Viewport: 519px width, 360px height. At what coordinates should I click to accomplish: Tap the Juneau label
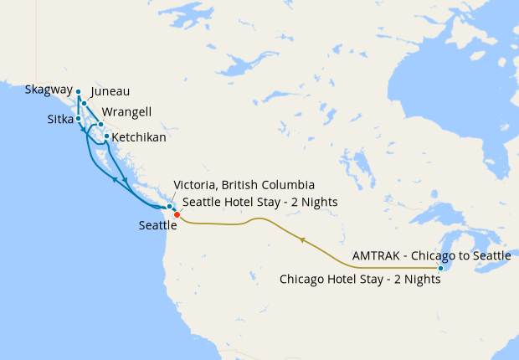coord(110,91)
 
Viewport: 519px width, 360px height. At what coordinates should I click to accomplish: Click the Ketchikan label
coord(139,136)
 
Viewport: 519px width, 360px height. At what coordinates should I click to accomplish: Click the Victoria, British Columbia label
coord(243,185)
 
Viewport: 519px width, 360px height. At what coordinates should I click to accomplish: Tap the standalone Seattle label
coord(157,224)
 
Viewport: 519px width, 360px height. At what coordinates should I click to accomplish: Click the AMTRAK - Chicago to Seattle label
coord(431,255)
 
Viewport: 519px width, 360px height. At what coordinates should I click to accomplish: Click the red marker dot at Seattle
coord(177,215)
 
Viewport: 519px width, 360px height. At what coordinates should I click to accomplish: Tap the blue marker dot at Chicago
coord(441,268)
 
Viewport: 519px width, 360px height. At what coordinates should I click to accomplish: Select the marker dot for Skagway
coord(78,92)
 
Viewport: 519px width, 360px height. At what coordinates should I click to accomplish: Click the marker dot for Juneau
coord(85,103)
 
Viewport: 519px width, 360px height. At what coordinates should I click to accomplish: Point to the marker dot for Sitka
coord(79,118)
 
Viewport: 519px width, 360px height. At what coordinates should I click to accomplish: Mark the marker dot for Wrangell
coord(100,125)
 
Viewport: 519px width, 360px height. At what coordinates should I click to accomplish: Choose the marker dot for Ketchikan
coord(106,136)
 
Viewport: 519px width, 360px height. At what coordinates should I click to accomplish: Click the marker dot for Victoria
coord(169,206)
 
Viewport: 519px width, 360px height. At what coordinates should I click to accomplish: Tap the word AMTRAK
coord(376,255)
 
